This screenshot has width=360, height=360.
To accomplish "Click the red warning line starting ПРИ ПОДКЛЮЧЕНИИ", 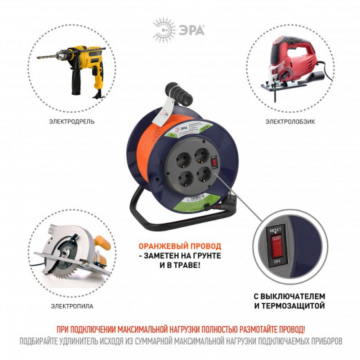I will point(180,329).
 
